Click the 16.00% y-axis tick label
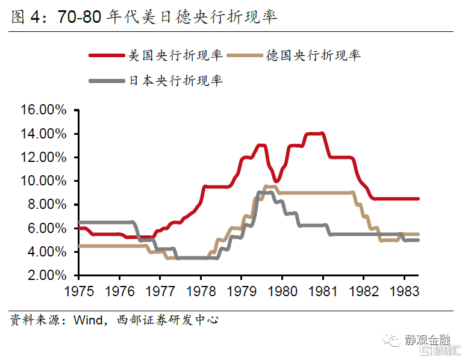click(x=45, y=110)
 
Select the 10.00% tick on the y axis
click(x=45, y=181)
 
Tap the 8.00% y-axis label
click(x=48, y=205)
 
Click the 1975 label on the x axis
click(x=78, y=290)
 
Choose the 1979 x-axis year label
click(x=241, y=290)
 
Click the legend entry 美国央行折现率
click(x=175, y=55)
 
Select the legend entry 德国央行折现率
click(x=313, y=55)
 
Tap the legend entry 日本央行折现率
click(x=175, y=80)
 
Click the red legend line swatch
click(x=107, y=55)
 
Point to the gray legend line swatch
click(x=107, y=80)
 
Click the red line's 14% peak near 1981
click(x=316, y=134)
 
